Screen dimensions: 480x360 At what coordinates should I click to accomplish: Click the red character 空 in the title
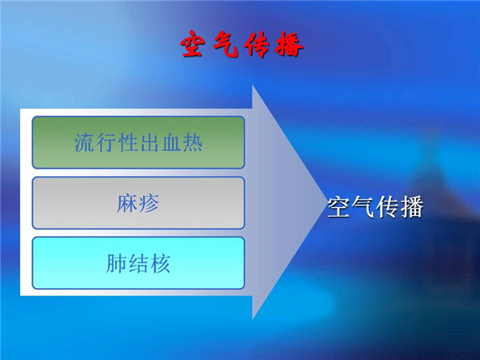pyautogui.click(x=192, y=44)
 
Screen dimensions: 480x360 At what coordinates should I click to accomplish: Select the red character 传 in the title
pyautogui.click(x=257, y=45)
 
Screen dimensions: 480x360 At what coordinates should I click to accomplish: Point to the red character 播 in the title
pyautogui.click(x=289, y=45)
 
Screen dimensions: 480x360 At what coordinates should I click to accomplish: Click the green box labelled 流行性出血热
pyautogui.click(x=138, y=142)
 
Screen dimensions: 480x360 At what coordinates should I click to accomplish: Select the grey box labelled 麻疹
pyautogui.click(x=138, y=202)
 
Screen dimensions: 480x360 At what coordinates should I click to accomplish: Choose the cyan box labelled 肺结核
pyautogui.click(x=138, y=263)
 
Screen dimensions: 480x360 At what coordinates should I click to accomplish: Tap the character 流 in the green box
pyautogui.click(x=84, y=142)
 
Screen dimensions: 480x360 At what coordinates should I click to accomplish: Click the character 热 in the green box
pyautogui.click(x=192, y=142)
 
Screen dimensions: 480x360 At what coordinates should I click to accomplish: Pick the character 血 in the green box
pyautogui.click(x=171, y=142)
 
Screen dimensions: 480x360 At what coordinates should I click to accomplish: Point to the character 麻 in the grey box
pyautogui.click(x=127, y=202)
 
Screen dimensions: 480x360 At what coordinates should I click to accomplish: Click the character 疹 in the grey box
pyautogui.click(x=149, y=202)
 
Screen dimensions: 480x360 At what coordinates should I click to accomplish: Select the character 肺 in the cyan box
pyautogui.click(x=116, y=263)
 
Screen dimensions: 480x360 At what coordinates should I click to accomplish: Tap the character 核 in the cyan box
pyautogui.click(x=160, y=263)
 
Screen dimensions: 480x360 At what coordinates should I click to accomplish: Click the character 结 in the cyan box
pyautogui.click(x=138, y=263)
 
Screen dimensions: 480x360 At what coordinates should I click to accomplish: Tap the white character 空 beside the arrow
pyautogui.click(x=338, y=207)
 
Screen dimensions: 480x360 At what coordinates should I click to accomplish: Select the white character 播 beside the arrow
pyautogui.click(x=412, y=207)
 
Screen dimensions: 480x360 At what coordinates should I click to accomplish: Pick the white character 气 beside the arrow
pyautogui.click(x=363, y=207)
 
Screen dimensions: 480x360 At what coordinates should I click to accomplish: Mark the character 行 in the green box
pyautogui.click(x=106, y=142)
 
